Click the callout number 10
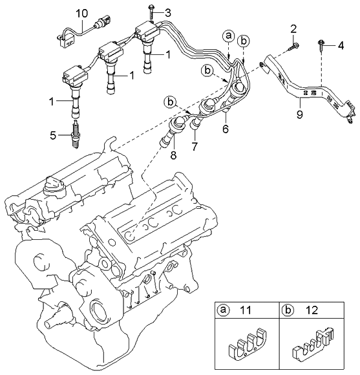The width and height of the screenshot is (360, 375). point(82,14)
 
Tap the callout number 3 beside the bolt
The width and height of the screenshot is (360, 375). point(168,13)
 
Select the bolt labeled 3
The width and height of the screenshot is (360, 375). point(151,12)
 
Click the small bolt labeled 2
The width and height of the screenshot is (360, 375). point(294,47)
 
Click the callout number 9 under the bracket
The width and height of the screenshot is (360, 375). point(299,114)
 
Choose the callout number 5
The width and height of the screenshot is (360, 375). point(53,136)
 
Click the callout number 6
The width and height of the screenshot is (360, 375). point(226,129)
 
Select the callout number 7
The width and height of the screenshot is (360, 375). point(195,146)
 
